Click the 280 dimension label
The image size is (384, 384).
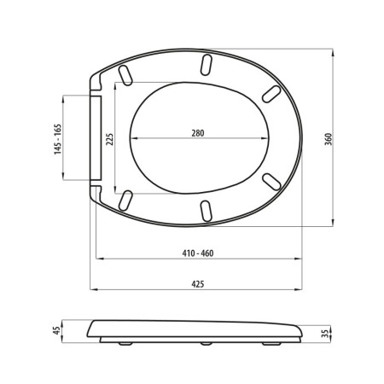click(x=198, y=133)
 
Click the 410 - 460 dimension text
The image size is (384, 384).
click(x=198, y=254)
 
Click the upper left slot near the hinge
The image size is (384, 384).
click(x=126, y=74)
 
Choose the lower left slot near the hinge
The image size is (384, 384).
click(x=126, y=200)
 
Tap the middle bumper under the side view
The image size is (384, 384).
click(x=205, y=345)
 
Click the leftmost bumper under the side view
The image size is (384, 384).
click(x=129, y=345)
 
